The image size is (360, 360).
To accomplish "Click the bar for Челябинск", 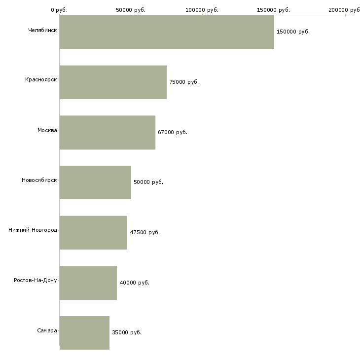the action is (x=167, y=32).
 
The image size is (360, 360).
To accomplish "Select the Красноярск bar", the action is (x=113, y=82).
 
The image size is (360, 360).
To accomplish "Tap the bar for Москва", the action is (x=108, y=133).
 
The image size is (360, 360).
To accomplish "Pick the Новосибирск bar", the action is (x=95, y=182).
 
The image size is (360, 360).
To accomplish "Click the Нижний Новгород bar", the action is (x=93, y=233).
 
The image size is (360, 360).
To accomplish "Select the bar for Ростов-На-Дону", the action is (x=88, y=283).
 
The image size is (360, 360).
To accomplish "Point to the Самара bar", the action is (x=84, y=333).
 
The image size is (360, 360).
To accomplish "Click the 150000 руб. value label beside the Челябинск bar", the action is (x=293, y=32).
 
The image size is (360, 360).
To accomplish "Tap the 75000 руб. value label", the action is (x=184, y=82).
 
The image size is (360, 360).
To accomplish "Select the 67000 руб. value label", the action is (x=173, y=132).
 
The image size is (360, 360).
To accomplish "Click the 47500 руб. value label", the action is (x=145, y=232).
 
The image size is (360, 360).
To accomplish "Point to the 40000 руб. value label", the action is (x=135, y=283).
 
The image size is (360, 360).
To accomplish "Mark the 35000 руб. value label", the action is (x=127, y=332).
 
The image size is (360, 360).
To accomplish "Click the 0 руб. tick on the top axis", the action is (x=59, y=10).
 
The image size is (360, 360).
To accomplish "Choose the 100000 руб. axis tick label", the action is (x=202, y=10).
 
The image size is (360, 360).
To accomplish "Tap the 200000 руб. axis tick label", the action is (x=344, y=10).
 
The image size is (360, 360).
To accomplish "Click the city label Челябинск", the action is (x=42, y=30).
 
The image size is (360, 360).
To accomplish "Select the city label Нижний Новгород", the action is (x=33, y=230).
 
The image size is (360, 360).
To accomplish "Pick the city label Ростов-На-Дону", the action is (x=36, y=280).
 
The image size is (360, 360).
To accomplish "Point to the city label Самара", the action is (x=47, y=330).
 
